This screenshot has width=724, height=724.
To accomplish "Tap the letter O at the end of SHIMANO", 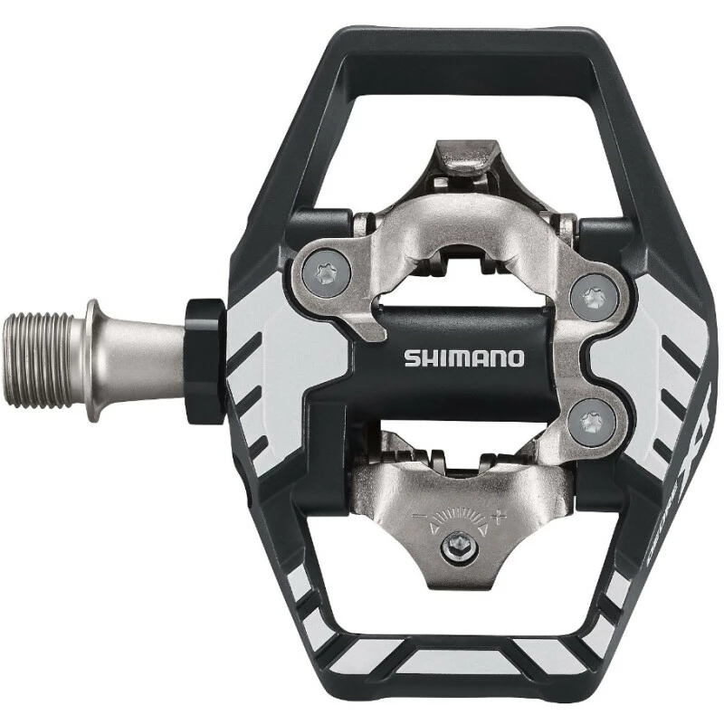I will pyautogui.click(x=515, y=357).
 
